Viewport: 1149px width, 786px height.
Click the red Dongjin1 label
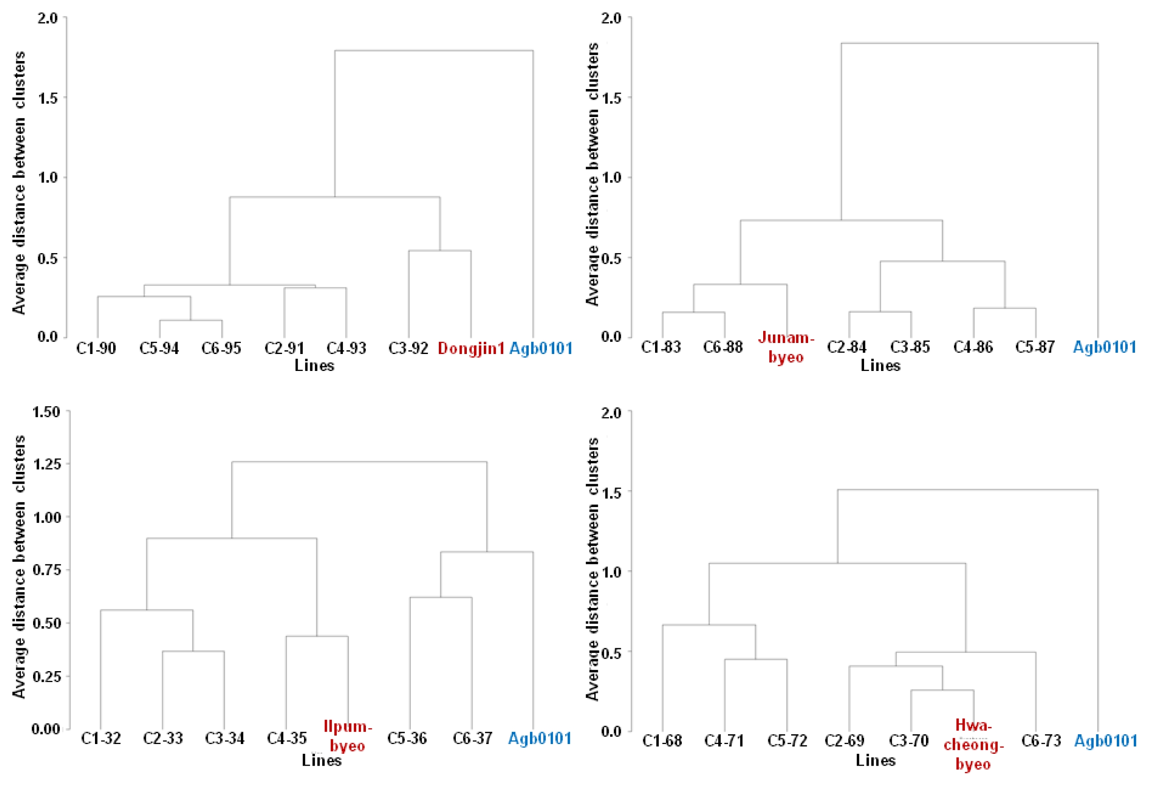point(471,348)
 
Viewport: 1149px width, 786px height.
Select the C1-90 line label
point(96,348)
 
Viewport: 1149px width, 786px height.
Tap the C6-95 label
point(221,348)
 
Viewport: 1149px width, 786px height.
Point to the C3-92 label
point(408,348)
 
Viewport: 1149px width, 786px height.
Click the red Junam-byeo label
point(786,347)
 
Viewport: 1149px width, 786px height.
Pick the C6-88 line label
point(723,347)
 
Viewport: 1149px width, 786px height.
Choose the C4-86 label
point(973,347)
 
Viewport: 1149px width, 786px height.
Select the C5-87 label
point(1035,347)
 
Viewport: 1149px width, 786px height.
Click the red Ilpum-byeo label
point(348,736)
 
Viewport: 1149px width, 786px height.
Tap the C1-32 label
point(101,739)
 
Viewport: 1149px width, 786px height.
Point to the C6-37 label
point(473,739)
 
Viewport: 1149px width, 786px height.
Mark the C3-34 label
point(225,739)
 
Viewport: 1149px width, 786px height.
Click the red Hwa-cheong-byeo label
point(973,744)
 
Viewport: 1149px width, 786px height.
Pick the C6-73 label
point(1041,741)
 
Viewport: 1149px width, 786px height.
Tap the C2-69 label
point(845,741)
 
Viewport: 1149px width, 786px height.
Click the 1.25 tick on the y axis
point(47,464)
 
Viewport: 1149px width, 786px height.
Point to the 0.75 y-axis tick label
point(47,570)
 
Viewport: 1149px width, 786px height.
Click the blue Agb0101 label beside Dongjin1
point(541,348)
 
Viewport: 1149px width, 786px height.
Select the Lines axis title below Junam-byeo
point(881,366)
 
